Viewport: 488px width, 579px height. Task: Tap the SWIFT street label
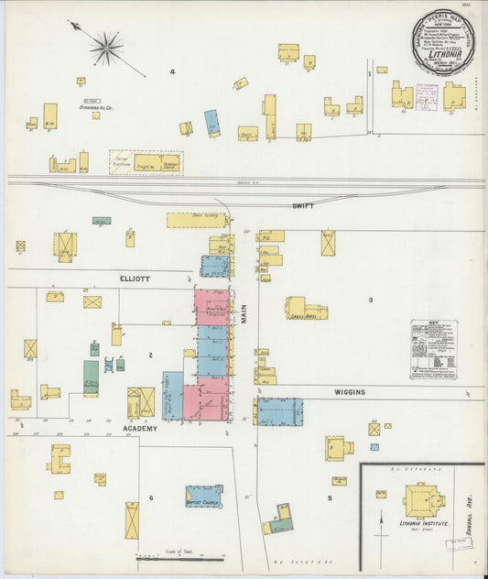[303, 206]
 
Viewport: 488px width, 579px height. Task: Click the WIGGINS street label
[349, 392]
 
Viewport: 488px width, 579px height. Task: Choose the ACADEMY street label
[140, 428]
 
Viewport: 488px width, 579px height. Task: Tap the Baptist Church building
[203, 497]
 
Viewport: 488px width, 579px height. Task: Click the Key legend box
[435, 349]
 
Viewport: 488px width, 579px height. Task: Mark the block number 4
[172, 71]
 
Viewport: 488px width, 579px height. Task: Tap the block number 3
[371, 300]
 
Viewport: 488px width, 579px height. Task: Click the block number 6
[151, 498]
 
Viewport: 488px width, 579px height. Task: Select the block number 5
[329, 498]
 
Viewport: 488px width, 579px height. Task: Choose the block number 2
[149, 354]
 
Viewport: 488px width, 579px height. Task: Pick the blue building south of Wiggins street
[278, 411]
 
